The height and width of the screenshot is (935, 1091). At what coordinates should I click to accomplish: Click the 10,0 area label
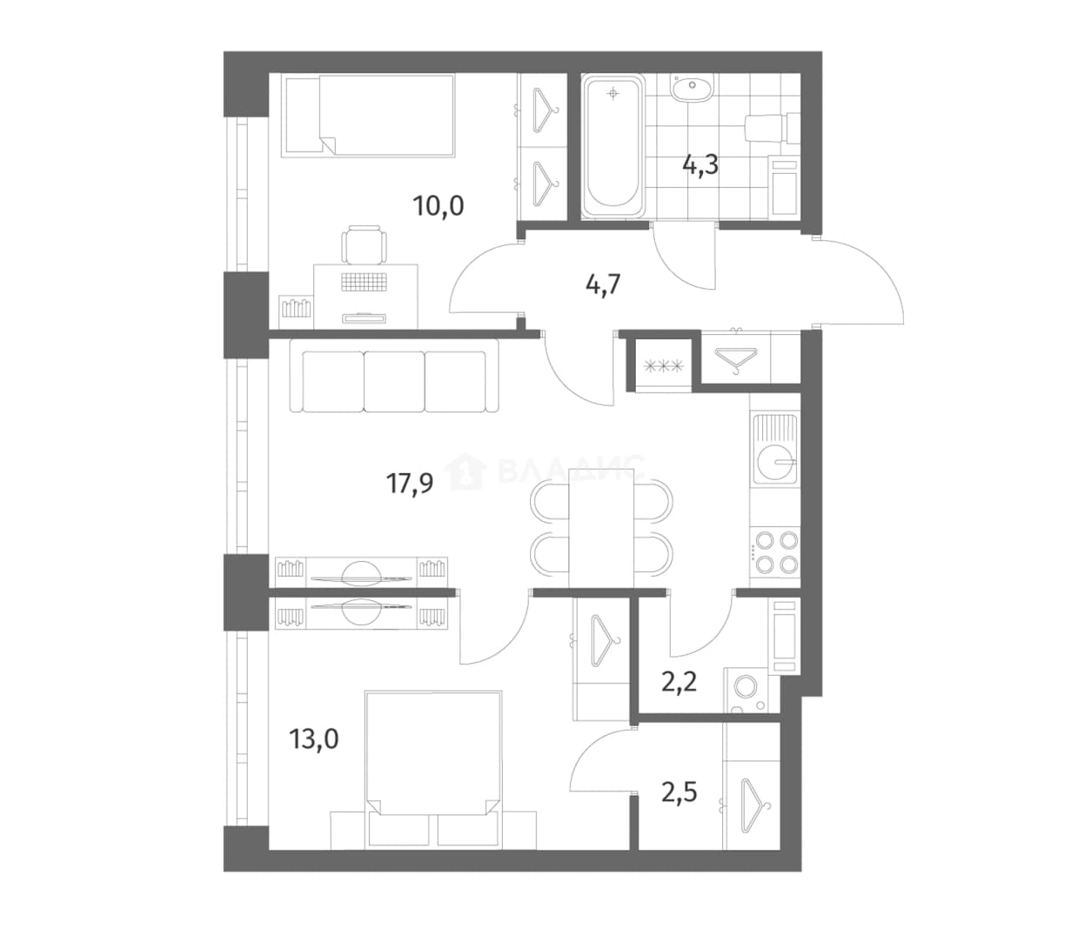(438, 206)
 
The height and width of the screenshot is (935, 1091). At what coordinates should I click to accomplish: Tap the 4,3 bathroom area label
(700, 165)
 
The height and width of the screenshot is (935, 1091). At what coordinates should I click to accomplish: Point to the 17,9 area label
(410, 483)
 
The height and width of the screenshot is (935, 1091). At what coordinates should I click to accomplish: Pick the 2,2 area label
(679, 682)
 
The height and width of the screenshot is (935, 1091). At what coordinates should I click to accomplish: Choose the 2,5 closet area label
(679, 792)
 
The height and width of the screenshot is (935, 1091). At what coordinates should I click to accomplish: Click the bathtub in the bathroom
(612, 146)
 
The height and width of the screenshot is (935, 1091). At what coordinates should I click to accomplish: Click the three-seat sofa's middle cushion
(394, 382)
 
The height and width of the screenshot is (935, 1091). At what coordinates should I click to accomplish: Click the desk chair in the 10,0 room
(364, 244)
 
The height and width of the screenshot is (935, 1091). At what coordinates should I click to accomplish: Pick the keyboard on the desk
(364, 282)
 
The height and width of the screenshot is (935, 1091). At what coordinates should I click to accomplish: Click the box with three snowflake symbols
(664, 365)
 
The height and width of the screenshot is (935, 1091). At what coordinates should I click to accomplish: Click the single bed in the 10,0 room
(368, 116)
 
